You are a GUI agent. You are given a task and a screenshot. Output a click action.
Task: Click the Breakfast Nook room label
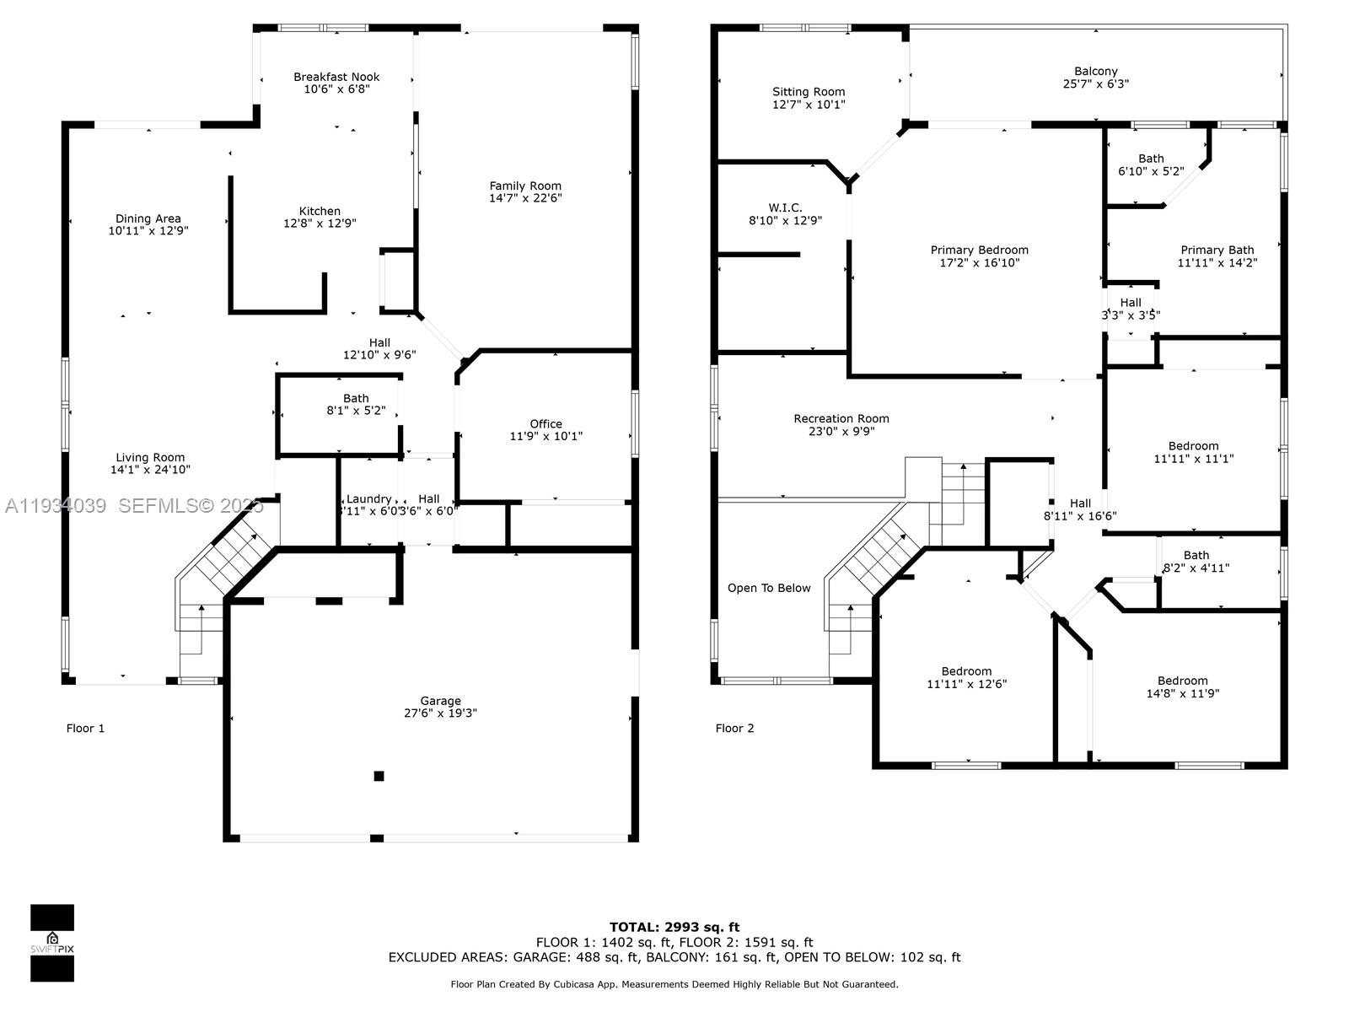pos(336,77)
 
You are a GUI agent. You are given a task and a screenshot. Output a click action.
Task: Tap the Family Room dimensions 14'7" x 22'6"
pos(525,198)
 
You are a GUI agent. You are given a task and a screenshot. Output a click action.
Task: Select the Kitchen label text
pos(320,212)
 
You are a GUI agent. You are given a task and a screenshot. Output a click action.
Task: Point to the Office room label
pos(546,424)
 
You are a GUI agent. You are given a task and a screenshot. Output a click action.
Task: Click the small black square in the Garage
pos(379,776)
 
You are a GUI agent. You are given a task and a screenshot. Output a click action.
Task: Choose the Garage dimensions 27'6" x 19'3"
pos(440,713)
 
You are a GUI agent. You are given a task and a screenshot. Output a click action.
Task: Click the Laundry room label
pos(368,498)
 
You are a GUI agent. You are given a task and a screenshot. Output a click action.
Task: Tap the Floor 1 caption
pos(85,728)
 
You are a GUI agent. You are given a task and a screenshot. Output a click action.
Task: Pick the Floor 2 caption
pos(734,728)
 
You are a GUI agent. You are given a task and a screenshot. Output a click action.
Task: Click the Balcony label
pos(1095,72)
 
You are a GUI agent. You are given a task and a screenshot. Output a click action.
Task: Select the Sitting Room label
pos(808,92)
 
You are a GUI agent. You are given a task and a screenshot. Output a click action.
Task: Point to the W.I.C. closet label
pos(785,207)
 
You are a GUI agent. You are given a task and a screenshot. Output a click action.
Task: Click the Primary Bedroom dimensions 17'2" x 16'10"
pos(979,262)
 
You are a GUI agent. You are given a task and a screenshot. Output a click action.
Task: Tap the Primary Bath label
pos(1217,250)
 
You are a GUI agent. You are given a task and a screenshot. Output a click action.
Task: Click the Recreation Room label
pos(841,418)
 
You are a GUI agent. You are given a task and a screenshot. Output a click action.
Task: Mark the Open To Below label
pos(768,588)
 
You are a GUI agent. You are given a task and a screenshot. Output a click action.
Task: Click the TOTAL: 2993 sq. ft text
pos(674,927)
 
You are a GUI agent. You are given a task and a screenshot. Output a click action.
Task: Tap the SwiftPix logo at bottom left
pos(52,943)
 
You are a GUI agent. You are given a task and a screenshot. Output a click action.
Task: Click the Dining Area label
pos(148,218)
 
